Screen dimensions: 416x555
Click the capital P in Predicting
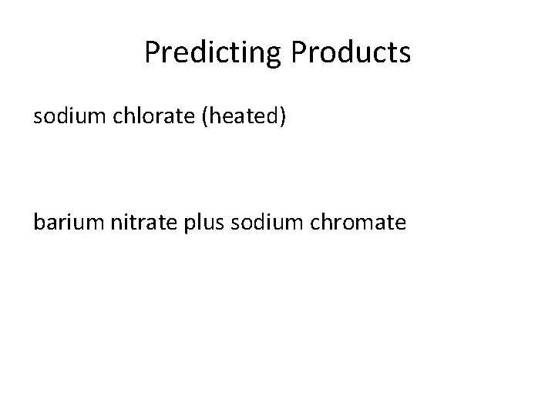[152, 52]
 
